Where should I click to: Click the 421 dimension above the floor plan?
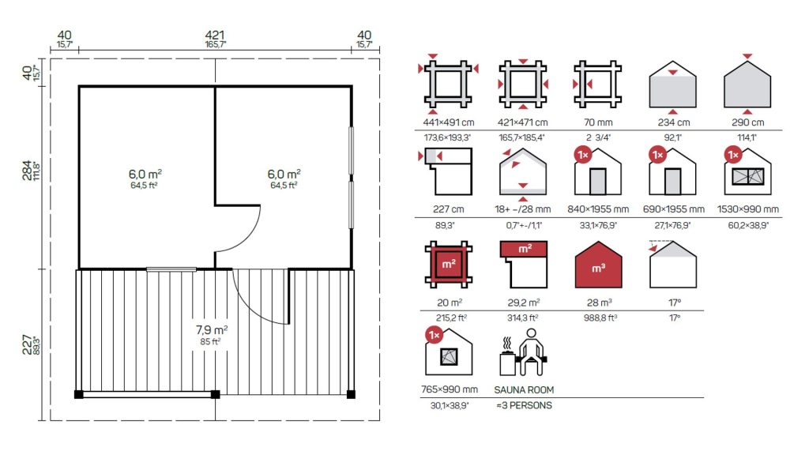tap(215, 35)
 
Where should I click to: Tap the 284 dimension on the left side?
tap(27, 171)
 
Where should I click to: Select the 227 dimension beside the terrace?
tap(27, 344)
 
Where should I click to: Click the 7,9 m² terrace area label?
tap(212, 329)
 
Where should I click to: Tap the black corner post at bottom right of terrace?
tap(351, 395)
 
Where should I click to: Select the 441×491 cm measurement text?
tap(449, 122)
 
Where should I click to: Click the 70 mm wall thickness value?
tap(598, 122)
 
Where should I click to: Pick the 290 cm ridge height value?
tap(747, 122)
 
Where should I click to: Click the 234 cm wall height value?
tap(673, 122)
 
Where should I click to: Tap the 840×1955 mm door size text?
tap(598, 209)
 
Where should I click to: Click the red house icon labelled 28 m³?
tap(599, 265)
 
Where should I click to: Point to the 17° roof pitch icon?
tap(673, 264)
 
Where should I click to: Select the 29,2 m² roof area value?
tap(523, 303)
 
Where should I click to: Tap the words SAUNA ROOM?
tap(524, 390)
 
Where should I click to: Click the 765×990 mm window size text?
tap(450, 389)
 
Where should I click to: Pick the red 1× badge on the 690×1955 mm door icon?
tap(658, 155)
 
